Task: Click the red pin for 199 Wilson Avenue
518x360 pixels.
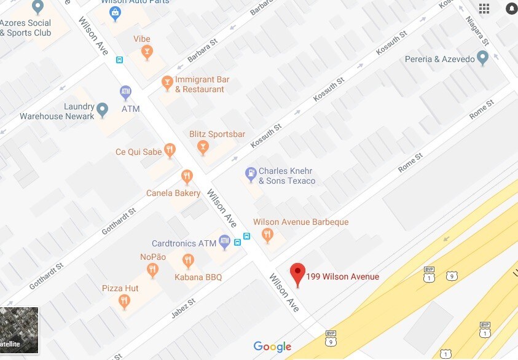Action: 298,273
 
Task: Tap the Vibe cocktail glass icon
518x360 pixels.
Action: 146,53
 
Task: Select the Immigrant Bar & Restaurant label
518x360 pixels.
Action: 200,84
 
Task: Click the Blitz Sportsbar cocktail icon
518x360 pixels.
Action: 202,147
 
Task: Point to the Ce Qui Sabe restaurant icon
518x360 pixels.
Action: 170,150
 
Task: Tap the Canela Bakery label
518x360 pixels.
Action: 173,193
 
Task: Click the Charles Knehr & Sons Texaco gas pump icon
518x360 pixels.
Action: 250,174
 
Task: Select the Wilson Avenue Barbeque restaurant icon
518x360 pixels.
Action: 267,234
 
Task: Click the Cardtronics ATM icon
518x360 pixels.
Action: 224,241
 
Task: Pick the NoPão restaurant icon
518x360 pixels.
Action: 152,270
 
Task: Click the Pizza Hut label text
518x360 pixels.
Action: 120,288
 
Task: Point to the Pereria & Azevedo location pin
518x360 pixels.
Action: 482,58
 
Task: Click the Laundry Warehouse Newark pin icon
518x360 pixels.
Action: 102,110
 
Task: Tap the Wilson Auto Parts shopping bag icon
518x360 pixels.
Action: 114,12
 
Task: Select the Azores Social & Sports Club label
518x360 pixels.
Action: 26,28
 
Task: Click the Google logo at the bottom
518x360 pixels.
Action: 272,347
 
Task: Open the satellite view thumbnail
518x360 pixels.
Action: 19,331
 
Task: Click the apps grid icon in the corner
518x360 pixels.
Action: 484,8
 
